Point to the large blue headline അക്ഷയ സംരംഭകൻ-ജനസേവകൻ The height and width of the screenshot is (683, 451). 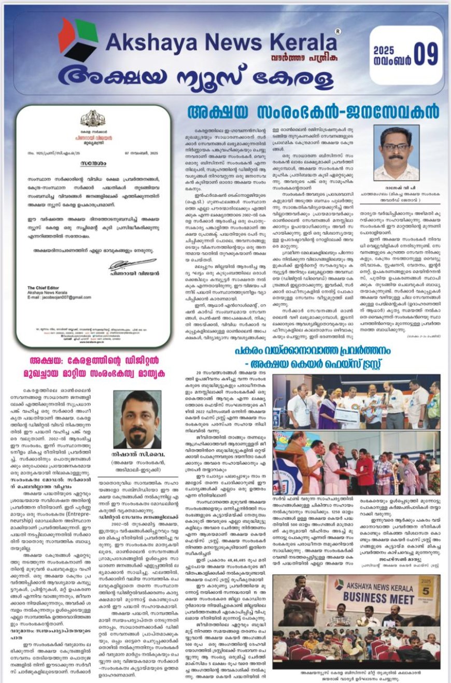click(x=313, y=112)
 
